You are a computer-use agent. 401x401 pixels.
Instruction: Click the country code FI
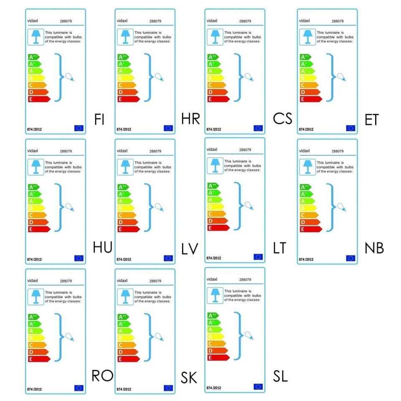pyautogui.click(x=99, y=119)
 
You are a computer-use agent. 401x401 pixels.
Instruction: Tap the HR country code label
pyautogui.click(x=191, y=119)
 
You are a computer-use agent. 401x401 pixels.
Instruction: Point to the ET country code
pyautogui.click(x=371, y=120)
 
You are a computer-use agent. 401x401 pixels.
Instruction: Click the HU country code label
pyautogui.click(x=102, y=247)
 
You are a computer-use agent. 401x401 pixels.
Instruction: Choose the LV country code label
pyautogui.click(x=190, y=249)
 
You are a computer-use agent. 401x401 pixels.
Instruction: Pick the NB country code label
pyautogui.click(x=374, y=248)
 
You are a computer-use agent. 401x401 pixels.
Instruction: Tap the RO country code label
pyautogui.click(x=102, y=376)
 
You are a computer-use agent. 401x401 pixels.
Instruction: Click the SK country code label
pyautogui.click(x=189, y=378)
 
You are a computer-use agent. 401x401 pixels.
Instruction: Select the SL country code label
pyautogui.click(x=280, y=376)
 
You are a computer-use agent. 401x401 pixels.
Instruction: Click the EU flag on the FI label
pyautogui.click(x=79, y=128)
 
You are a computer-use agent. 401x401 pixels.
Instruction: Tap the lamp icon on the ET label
pyautogui.click(x=307, y=36)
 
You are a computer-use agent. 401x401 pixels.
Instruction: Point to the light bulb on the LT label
pyautogui.click(x=249, y=206)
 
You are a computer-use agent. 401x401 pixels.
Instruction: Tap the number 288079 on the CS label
pyautogui.click(x=245, y=21)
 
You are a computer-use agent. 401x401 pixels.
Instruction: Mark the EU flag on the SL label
pyautogui.click(x=258, y=387)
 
